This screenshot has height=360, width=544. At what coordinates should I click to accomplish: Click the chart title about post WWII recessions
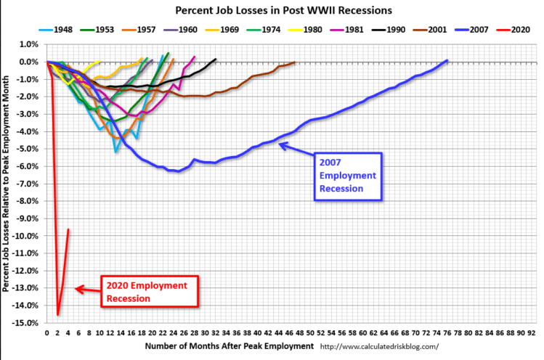pos(272,11)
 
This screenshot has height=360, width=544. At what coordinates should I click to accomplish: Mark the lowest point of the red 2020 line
pos(57,314)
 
